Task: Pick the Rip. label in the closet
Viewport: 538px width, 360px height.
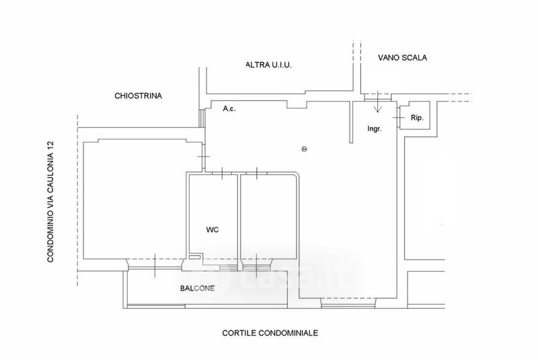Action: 417,118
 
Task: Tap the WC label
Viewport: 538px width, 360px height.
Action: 212,229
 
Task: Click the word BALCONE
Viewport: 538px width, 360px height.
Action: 197,289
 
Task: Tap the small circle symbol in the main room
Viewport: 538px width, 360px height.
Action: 304,149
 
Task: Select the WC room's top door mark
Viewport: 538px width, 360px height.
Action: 222,174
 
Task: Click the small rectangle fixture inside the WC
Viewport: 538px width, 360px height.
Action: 194,256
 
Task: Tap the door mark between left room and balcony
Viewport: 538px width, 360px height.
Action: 155,263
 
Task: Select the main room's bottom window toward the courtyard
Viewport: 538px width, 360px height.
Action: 344,305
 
